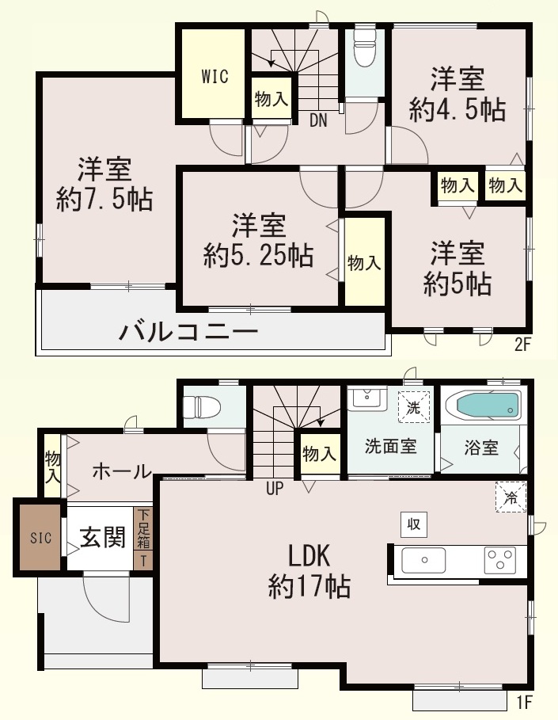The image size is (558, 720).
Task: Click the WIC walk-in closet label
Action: coord(214,76)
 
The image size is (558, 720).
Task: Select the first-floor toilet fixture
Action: coord(202,407)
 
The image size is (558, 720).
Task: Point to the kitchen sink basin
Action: coord(423,560)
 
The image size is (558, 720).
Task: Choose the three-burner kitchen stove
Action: coord(499,560)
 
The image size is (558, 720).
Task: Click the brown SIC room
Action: coord(40,537)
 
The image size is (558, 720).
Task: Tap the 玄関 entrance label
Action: coord(103,537)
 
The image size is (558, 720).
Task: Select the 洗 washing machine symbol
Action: coord(413,407)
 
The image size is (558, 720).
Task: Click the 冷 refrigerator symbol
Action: coord(511,497)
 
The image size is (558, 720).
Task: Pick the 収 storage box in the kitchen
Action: coord(414,524)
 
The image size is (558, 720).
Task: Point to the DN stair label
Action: coord(318,120)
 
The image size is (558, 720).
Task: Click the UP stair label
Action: coord(275,489)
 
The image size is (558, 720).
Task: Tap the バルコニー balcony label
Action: coord(188,331)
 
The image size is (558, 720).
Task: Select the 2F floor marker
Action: coord(522,345)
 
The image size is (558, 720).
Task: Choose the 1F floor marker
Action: coord(523,702)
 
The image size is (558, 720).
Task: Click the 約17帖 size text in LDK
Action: coord(309,586)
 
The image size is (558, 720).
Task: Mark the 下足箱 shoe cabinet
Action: coord(143,528)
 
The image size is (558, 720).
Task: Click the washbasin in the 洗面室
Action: coord(366,398)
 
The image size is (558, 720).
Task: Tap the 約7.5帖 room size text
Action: coord(104,200)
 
